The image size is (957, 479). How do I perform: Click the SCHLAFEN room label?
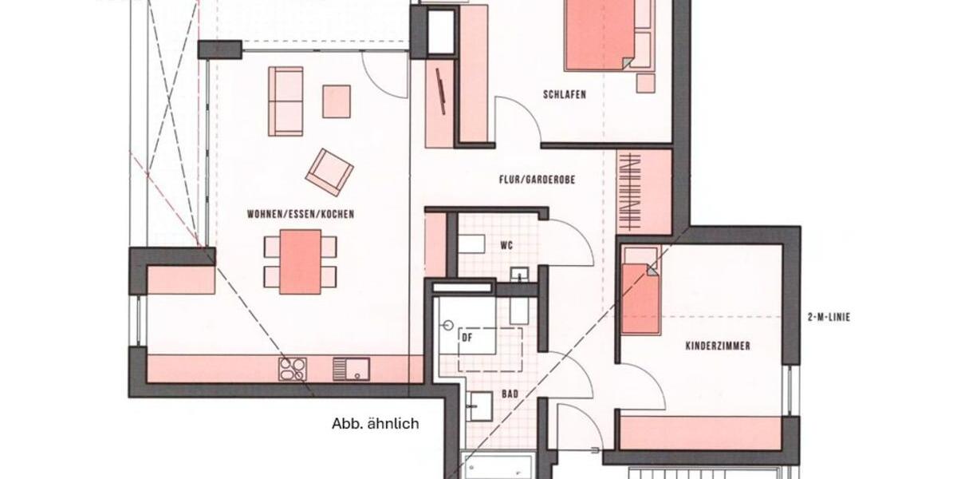pyautogui.click(x=565, y=94)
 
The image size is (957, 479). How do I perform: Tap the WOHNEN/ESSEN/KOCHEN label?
pyautogui.click(x=301, y=214)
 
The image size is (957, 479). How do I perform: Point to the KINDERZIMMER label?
pyautogui.click(x=718, y=346)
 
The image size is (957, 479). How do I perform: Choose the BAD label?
pyautogui.click(x=511, y=394)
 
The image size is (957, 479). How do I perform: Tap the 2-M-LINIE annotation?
pyautogui.click(x=828, y=317)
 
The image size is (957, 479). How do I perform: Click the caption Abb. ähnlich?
pyautogui.click(x=375, y=424)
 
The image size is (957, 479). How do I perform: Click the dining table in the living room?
pyautogui.click(x=301, y=261)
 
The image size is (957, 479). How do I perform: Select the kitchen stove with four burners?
pyautogui.click(x=293, y=369)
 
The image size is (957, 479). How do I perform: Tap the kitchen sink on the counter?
pyautogui.click(x=351, y=369)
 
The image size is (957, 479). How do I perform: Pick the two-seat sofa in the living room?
pyautogui.click(x=286, y=101)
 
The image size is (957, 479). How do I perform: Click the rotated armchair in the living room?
pyautogui.click(x=329, y=171)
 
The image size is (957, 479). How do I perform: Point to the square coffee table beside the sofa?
pyautogui.click(x=337, y=101)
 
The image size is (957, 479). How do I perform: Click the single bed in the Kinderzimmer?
pyautogui.click(x=640, y=291)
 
